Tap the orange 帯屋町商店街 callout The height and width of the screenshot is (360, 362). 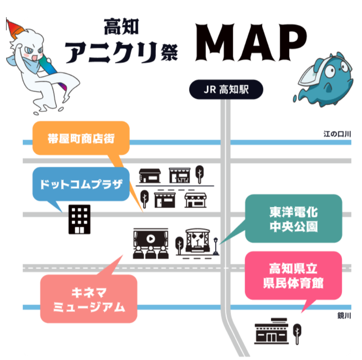pos(81,138)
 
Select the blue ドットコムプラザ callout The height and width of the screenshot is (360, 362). pos(81,184)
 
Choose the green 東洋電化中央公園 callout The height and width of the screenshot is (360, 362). pos(293,219)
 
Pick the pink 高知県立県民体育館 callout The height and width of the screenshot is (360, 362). pos(293,275)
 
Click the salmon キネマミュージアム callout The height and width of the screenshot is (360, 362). pos(88,299)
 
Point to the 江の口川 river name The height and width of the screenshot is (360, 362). pos(337,134)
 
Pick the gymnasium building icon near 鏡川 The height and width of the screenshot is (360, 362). pos(271,330)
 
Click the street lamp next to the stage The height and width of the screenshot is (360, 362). pos(216,247)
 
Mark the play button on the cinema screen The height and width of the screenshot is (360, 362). pos(150,237)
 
